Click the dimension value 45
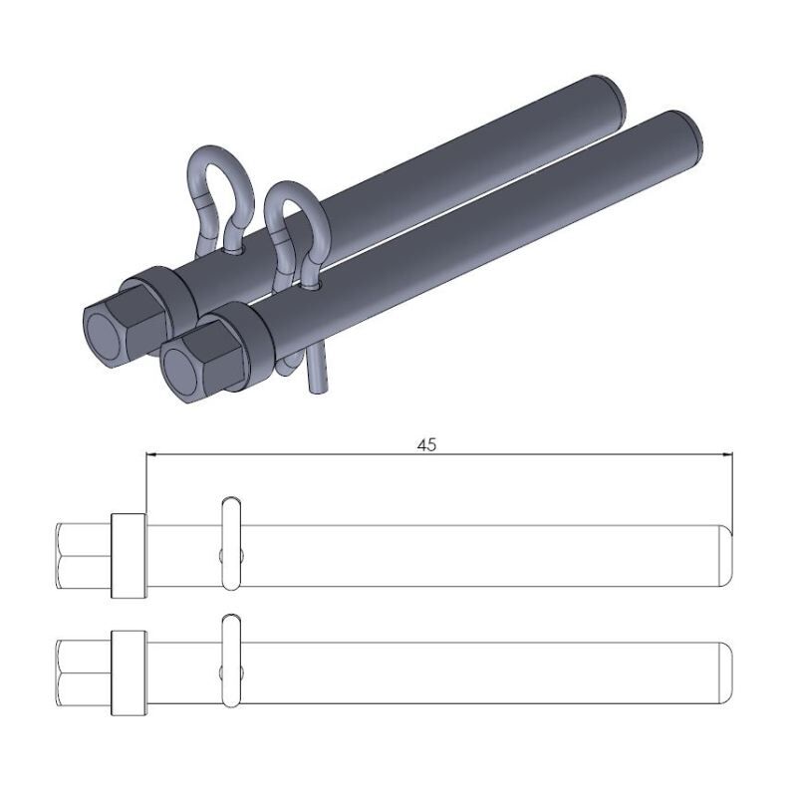click(426, 445)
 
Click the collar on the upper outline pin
click(129, 556)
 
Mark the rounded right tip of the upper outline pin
click(727, 555)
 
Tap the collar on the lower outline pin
click(129, 672)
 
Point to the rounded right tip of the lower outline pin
click(727, 671)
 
